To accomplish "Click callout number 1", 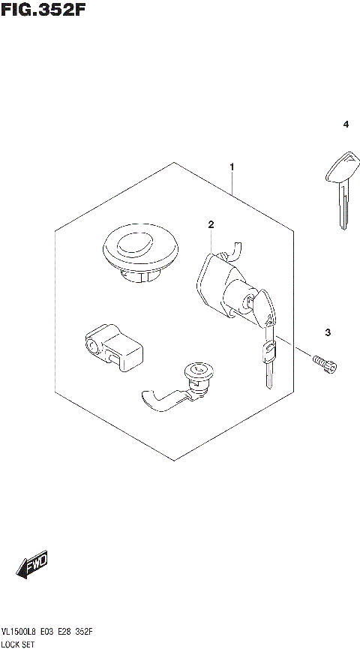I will click(x=232, y=166).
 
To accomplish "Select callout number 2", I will click(x=211, y=224).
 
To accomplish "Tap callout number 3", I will click(x=328, y=332).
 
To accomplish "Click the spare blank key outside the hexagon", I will click(x=340, y=188).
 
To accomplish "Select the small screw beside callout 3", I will click(x=325, y=363).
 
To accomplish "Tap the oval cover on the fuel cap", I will click(x=134, y=245).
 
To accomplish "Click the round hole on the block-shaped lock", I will click(x=93, y=345).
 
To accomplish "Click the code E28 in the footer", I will click(x=67, y=633).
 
